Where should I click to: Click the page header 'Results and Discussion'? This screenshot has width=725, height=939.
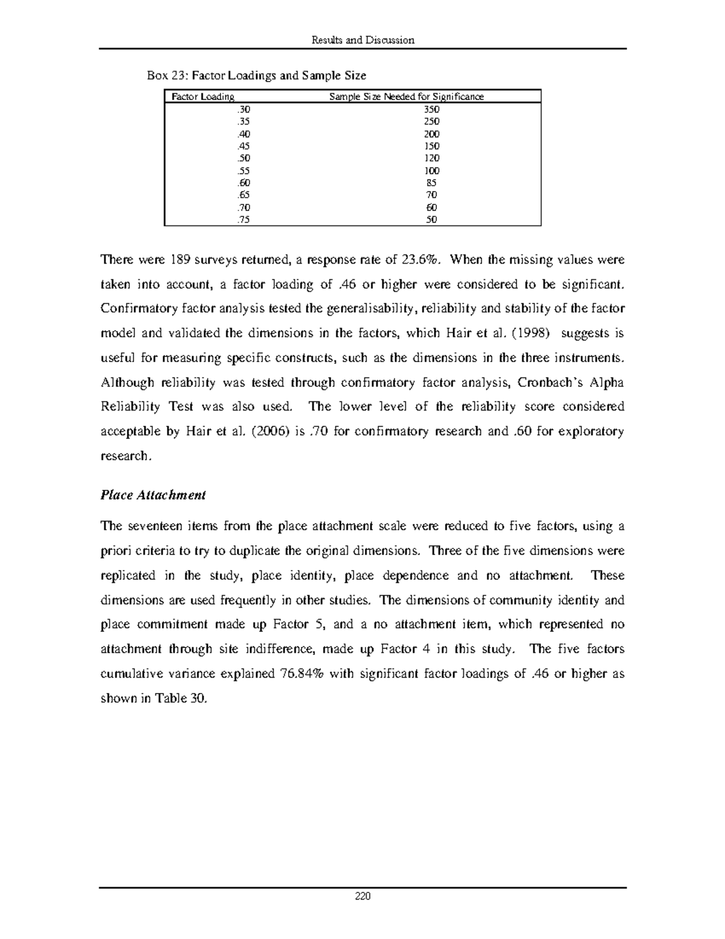coord(362,40)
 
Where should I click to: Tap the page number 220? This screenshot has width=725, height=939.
coord(362,896)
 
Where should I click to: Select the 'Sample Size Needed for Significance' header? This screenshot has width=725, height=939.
coord(406,97)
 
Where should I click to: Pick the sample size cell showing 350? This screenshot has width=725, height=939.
coord(431,109)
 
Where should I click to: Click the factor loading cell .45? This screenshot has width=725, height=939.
coord(243,146)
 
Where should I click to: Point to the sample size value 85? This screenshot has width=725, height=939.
coord(431,183)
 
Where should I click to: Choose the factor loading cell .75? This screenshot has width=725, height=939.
coord(243,220)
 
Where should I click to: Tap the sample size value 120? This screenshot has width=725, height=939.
coord(431,158)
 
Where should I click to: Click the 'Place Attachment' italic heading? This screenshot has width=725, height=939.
coord(153,495)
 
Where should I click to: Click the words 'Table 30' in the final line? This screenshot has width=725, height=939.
coord(181,698)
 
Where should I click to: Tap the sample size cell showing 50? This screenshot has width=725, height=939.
coord(431,220)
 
